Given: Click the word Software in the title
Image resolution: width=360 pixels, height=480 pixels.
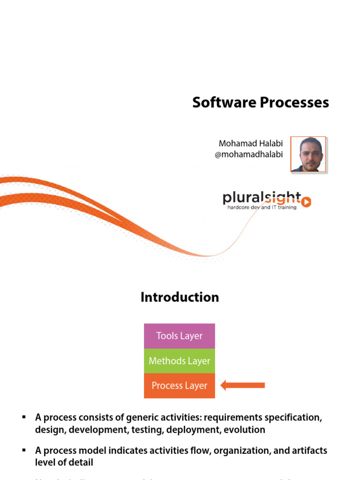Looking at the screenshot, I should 219,103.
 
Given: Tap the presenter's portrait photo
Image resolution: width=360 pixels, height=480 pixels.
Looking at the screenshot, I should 308,154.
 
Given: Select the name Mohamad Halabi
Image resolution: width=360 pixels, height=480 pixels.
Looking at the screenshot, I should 251,143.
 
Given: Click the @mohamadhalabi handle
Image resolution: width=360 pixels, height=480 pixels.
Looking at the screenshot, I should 248,154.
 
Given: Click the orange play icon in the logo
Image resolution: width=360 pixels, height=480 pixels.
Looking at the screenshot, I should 306,202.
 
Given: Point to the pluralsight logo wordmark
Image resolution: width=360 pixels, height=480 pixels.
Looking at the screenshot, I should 261,199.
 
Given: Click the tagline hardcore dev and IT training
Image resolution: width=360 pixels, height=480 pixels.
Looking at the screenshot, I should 262,207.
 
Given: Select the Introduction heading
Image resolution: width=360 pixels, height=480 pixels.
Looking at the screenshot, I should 180,297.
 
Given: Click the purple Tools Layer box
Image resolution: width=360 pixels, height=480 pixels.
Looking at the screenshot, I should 180,336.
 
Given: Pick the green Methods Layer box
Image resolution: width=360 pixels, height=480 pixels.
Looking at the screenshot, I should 180,361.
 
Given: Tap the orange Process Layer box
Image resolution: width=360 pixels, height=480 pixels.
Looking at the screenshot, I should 180,386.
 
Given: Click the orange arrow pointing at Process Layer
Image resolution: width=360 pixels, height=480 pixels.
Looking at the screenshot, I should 242,385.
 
